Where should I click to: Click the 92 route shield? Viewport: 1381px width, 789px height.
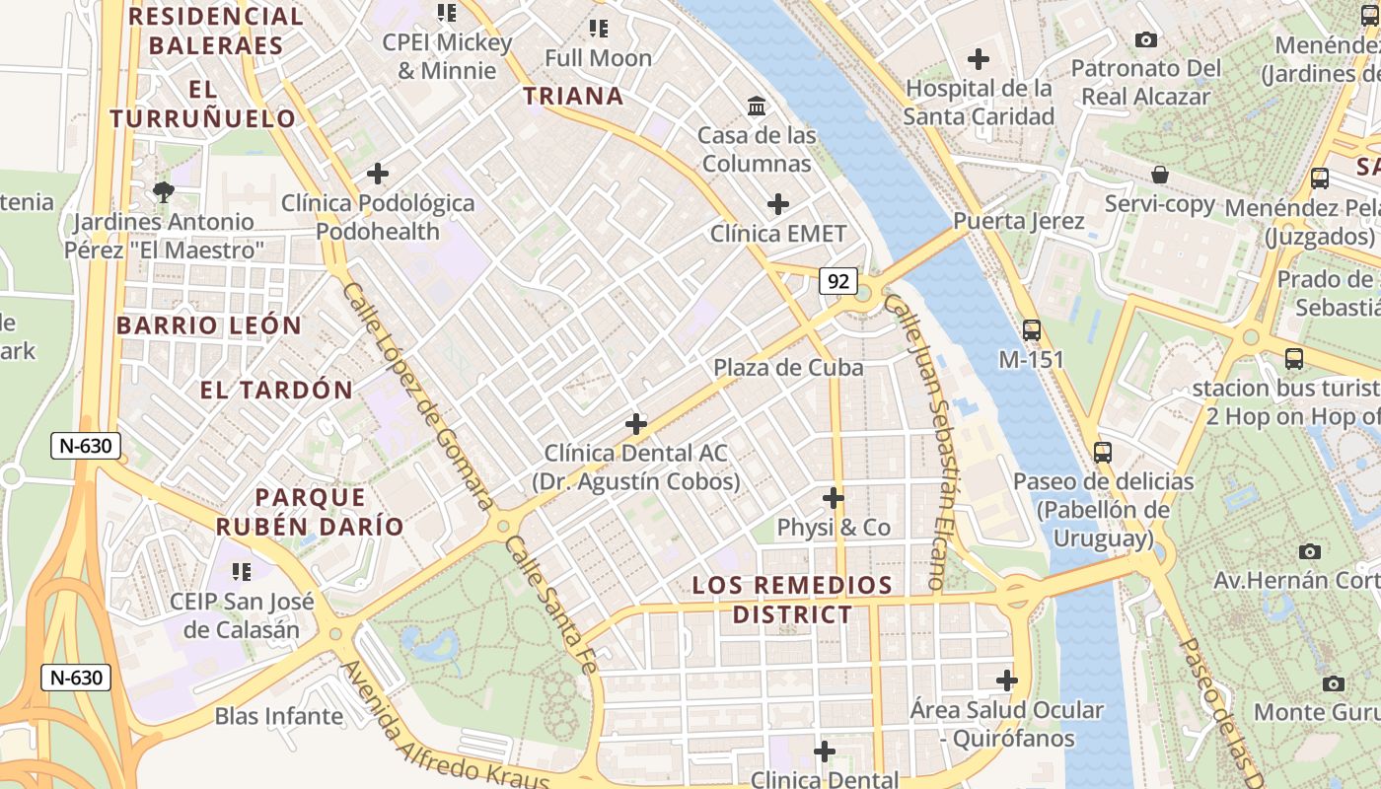point(838,281)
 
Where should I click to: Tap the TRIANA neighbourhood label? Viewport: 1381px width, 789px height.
point(573,96)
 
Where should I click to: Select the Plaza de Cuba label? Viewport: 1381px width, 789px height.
point(788,368)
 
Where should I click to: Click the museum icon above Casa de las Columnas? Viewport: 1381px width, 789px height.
point(757,106)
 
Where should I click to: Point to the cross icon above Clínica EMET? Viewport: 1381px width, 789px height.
point(778,204)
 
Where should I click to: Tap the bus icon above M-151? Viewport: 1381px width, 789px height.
point(1032,330)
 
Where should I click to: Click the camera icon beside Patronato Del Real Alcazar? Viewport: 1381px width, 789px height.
point(1146,39)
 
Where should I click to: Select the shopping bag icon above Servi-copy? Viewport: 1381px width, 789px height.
point(1160,175)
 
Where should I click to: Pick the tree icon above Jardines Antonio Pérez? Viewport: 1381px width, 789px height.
point(164,191)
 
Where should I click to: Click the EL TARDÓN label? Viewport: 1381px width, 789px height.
point(276,390)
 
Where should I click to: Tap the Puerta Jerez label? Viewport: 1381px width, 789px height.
point(1019,221)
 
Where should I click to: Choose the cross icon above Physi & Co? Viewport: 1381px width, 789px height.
point(834,497)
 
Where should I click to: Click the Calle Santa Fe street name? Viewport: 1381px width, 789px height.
point(551,605)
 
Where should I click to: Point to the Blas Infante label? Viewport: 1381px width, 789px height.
point(279,716)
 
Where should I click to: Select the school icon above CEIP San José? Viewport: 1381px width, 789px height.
point(241,571)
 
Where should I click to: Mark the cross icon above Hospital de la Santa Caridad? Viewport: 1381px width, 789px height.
point(979,59)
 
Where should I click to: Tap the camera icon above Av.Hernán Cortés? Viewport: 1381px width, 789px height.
point(1310,551)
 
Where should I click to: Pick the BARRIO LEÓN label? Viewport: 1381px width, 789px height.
point(209,325)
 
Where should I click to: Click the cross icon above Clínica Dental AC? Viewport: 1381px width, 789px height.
point(636,424)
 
